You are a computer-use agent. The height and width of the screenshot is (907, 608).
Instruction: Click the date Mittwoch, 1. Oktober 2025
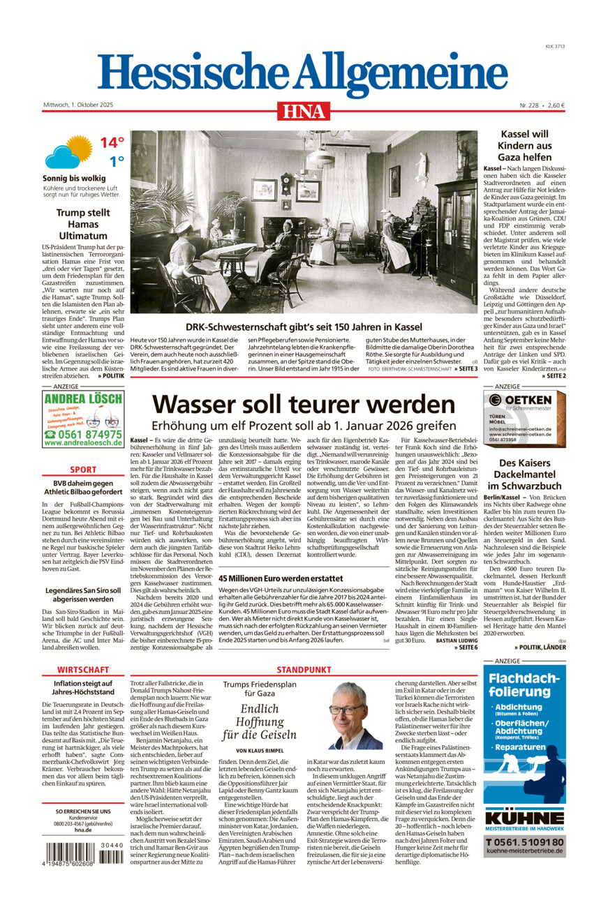pos(78,105)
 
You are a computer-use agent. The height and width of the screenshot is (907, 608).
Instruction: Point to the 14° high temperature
pos(111,143)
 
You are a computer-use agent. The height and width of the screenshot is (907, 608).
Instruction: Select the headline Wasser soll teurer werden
pos(304,404)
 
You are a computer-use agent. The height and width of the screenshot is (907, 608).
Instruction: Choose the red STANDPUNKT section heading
pos(304,670)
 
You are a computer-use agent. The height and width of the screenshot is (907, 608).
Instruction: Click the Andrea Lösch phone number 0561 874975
pos(82,433)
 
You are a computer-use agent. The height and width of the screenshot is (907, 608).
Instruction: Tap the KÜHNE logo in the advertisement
pos(524,818)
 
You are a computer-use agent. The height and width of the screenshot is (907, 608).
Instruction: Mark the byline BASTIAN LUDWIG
pos(457,640)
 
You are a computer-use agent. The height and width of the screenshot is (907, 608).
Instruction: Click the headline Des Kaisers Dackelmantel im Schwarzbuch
pos(524,474)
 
